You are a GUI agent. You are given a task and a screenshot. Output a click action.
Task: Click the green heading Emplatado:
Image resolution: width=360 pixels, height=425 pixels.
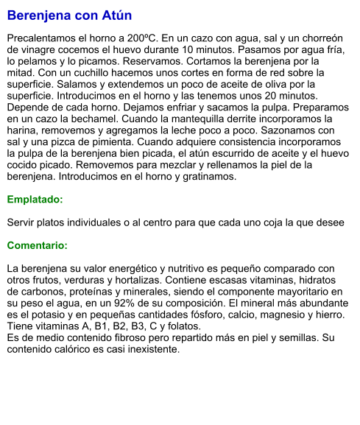(35, 200)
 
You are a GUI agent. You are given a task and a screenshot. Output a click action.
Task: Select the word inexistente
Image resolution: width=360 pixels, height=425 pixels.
(152, 350)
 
